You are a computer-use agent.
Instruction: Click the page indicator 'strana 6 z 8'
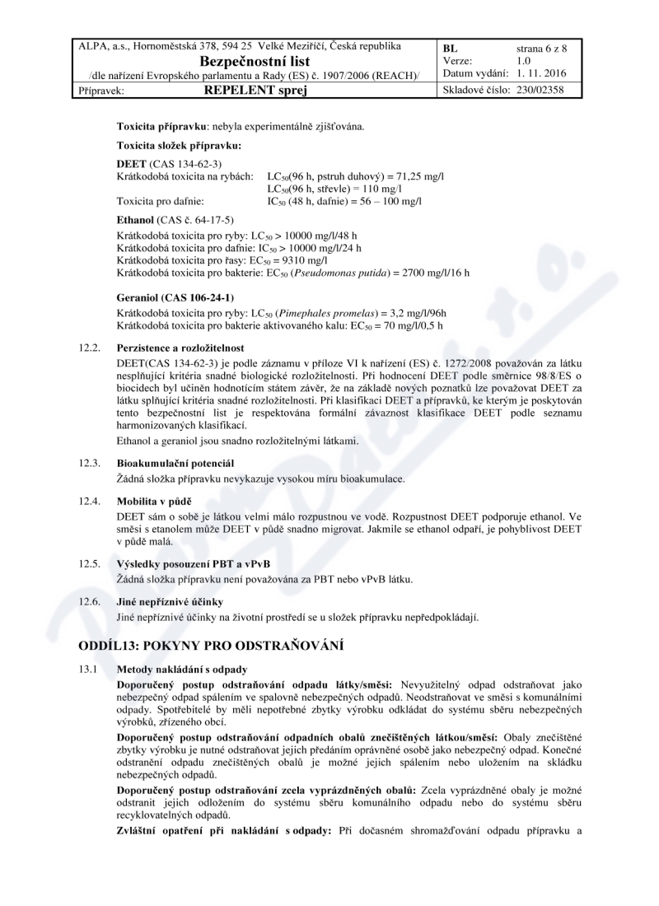(x=542, y=49)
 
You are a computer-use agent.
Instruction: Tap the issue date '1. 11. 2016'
(x=547, y=74)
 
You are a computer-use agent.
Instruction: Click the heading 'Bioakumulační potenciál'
(x=175, y=464)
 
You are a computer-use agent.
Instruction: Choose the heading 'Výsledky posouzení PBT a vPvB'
(x=194, y=563)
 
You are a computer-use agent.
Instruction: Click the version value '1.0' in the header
(x=524, y=61)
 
